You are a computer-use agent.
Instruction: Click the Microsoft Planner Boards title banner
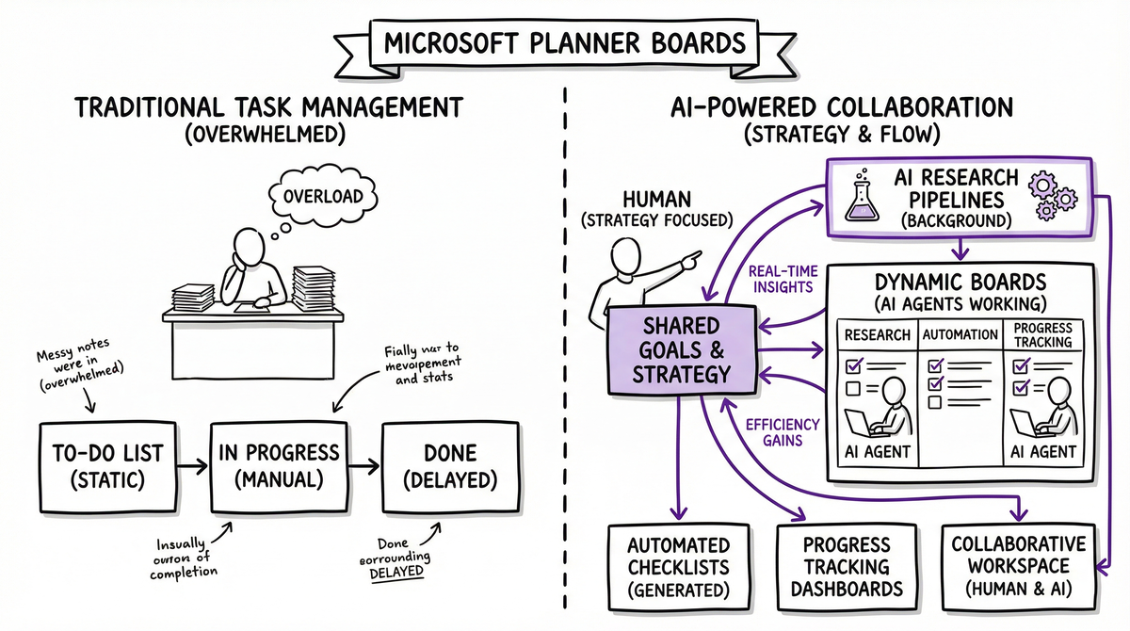coord(565,43)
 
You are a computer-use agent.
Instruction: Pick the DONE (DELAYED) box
coord(449,466)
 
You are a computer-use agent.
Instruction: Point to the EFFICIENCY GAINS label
coord(783,432)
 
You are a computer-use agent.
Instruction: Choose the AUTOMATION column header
coord(960,334)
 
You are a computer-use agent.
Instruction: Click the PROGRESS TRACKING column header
coord(1042,335)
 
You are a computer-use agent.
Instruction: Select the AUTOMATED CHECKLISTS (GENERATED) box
coord(679,568)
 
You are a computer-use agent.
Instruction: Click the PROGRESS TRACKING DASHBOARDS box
coord(847,568)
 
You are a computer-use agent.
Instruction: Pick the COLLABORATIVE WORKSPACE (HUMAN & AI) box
coord(1017,567)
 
